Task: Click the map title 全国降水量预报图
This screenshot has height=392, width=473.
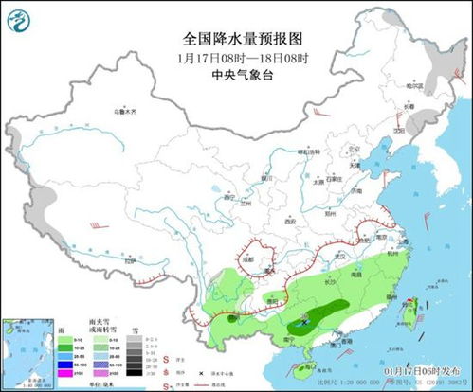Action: (235, 39)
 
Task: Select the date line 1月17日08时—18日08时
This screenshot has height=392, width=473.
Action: (235, 58)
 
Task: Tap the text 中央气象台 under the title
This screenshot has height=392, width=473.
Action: (235, 75)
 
